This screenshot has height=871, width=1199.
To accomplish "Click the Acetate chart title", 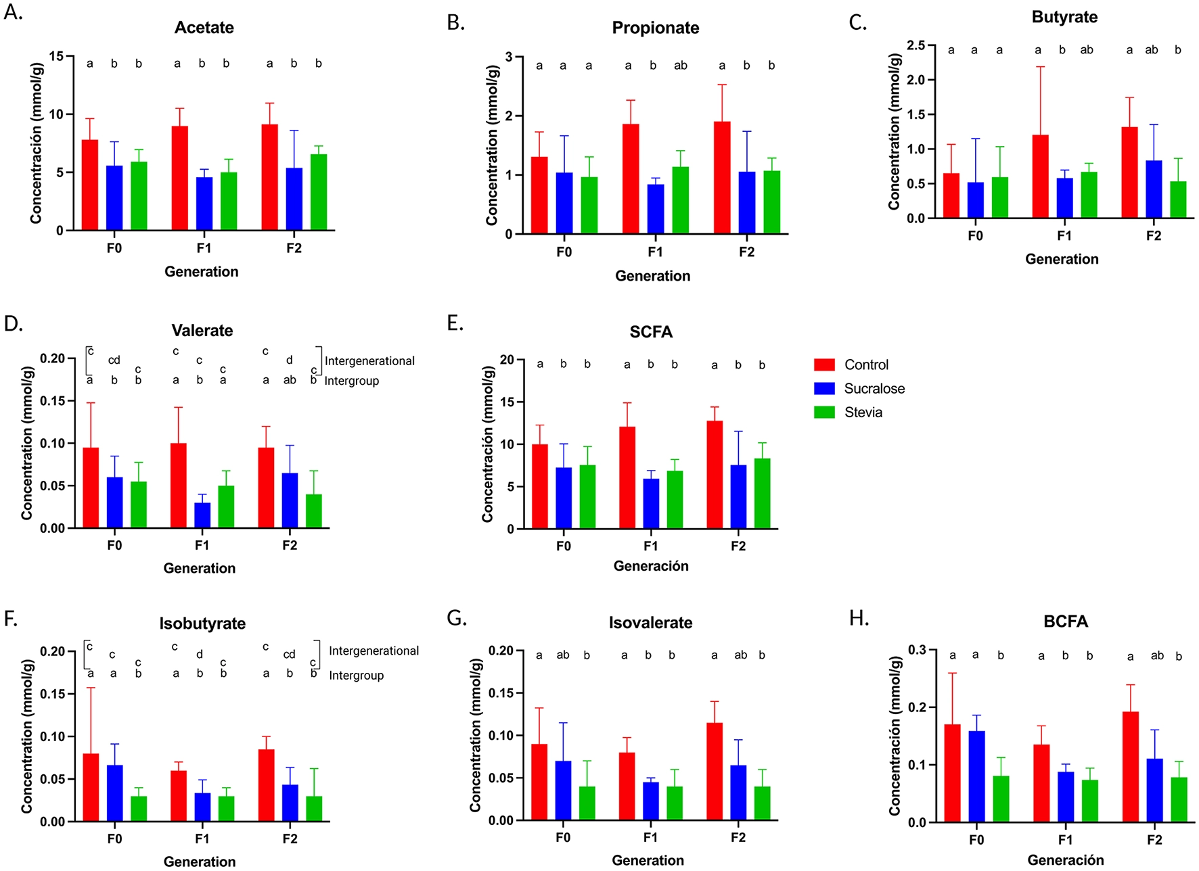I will tap(204, 28).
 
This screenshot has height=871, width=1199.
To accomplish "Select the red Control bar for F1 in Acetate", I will tap(179, 179).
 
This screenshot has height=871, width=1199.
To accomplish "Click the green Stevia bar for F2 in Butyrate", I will tap(1177, 199).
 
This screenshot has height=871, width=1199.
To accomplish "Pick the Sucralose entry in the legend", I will tap(874, 389).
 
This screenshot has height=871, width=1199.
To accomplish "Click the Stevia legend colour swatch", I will tap(824, 413).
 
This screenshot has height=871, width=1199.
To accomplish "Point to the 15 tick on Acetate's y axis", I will tap(56, 57).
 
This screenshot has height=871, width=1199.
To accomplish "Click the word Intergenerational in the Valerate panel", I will tap(369, 361).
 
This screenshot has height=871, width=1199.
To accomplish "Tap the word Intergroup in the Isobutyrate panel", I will tap(356, 676).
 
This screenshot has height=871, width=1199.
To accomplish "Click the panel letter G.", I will tap(457, 618).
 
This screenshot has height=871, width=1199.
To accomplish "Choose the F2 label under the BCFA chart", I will tap(1154, 840).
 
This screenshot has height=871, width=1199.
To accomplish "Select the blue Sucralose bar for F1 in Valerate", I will tap(202, 515).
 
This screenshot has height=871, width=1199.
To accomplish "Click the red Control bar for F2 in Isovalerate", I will tap(714, 772).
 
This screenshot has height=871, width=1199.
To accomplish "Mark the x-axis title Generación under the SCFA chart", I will tap(650, 567).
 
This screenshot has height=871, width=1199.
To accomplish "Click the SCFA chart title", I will tap(650, 332).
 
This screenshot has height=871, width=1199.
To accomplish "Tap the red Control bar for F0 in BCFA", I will tap(952, 773).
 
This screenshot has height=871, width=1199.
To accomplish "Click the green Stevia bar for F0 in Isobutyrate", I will tap(139, 809).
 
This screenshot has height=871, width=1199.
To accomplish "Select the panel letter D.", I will tap(13, 324).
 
